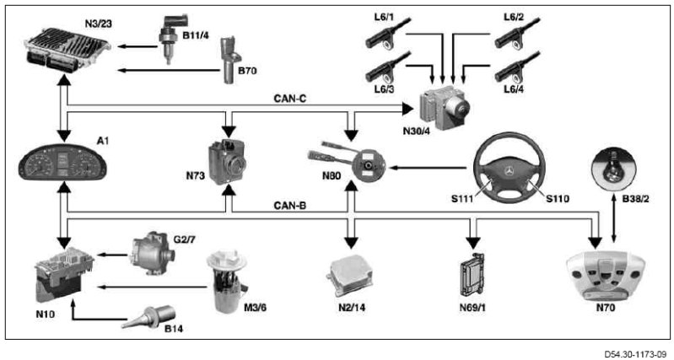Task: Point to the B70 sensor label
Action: coord(247,72)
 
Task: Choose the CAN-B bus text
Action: coord(288,205)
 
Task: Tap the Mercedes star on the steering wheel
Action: coord(508,170)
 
